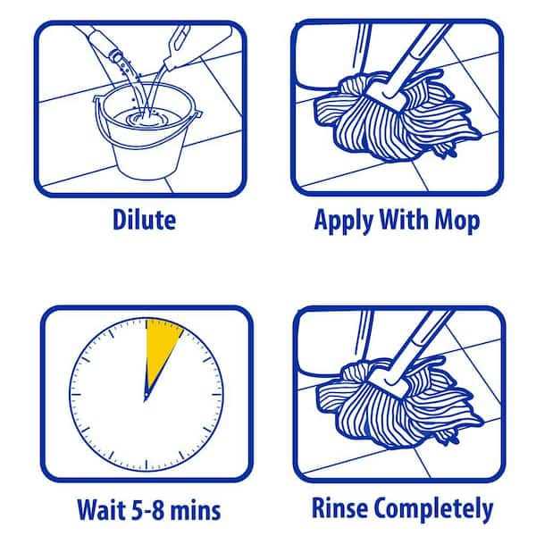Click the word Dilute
click(144, 220)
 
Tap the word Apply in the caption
click(343, 222)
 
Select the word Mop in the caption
click(457, 222)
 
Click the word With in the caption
click(404, 220)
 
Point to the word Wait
click(101, 509)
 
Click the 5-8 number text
click(147, 510)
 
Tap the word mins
click(195, 510)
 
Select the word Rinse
click(339, 508)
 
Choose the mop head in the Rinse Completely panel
click(399, 403)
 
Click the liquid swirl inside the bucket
click(144, 119)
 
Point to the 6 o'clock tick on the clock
click(147, 465)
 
